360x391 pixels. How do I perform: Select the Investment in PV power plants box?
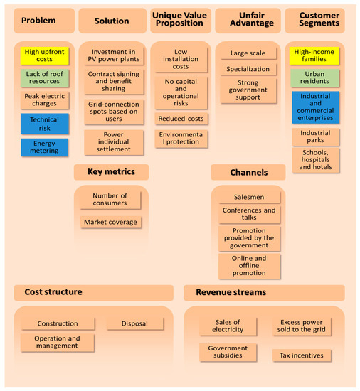tap(112, 56)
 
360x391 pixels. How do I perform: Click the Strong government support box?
tap(248, 90)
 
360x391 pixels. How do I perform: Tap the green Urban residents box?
tap(315, 78)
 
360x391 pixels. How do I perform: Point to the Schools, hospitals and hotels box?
tap(315, 160)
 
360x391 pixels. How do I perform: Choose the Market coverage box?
tap(111, 223)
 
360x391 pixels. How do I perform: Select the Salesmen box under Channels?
tap(249, 197)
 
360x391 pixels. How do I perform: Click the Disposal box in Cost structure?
tap(134, 323)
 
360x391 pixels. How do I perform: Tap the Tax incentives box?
tap(302, 355)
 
